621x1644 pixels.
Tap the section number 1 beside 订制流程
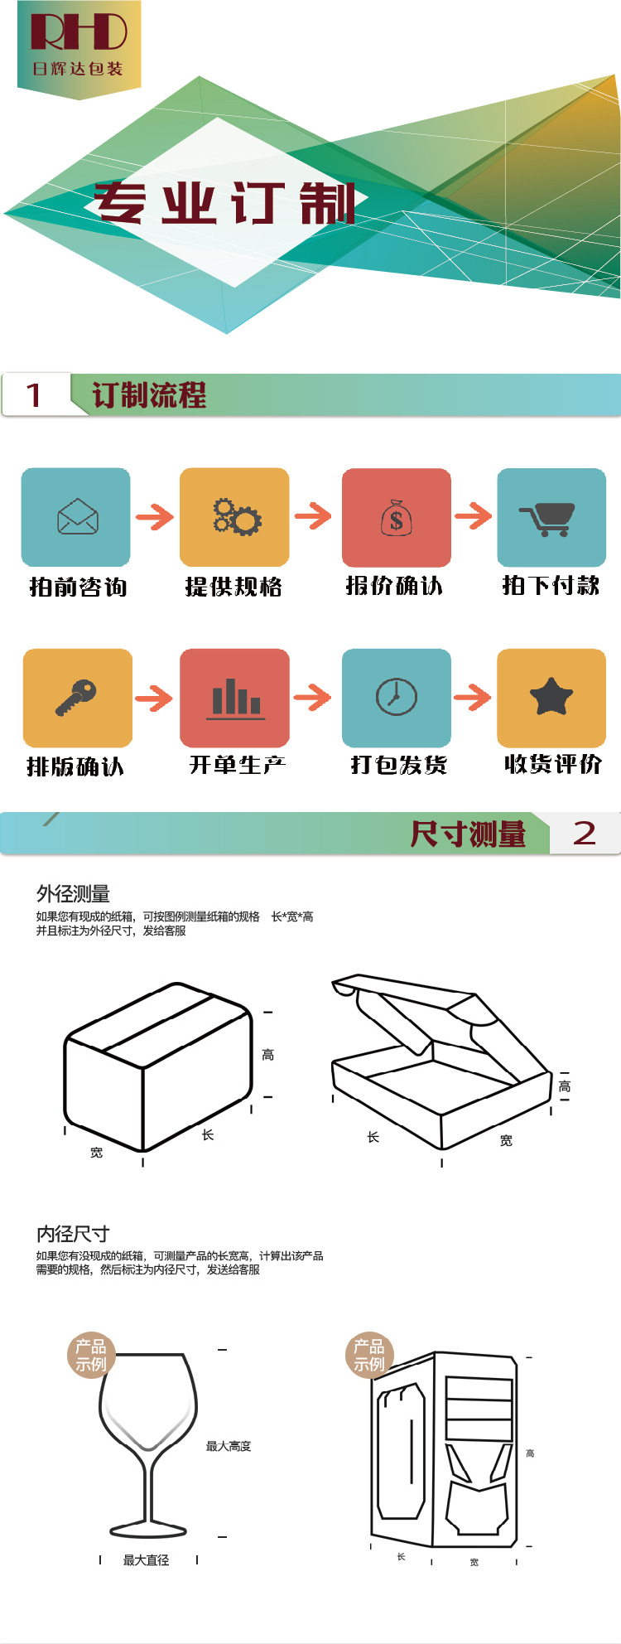[33, 395]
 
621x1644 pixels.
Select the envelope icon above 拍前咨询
[77, 517]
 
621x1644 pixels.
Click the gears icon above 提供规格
[235, 516]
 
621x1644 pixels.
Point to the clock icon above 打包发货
[396, 697]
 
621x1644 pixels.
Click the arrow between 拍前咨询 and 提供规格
[155, 517]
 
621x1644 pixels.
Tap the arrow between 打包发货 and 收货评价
[473, 697]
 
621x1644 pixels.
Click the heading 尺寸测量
[468, 834]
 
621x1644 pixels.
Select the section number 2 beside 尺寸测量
[585, 834]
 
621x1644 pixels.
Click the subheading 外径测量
[73, 894]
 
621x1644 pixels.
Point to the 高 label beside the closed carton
[267, 1055]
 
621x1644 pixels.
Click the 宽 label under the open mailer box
[506, 1141]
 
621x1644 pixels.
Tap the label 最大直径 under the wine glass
[146, 1560]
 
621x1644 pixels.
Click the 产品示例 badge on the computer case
[368, 1356]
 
